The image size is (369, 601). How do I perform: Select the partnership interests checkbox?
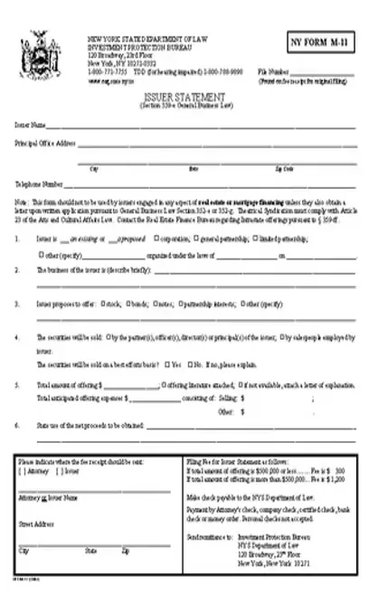[177, 305]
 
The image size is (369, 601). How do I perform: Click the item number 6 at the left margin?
[17, 424]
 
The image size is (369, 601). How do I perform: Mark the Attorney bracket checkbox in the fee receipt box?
[22, 471]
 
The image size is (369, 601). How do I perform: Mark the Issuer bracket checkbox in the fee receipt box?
[59, 471]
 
